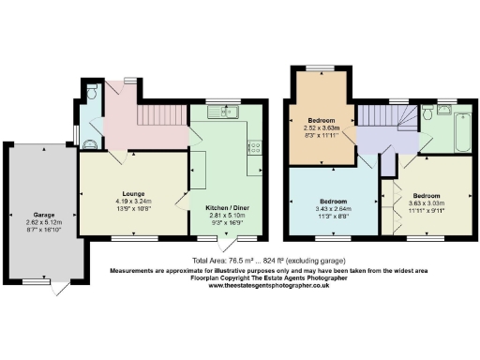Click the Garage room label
[x=38, y=213]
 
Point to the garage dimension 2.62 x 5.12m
[x=38, y=221]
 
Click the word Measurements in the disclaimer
[x=138, y=270]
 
